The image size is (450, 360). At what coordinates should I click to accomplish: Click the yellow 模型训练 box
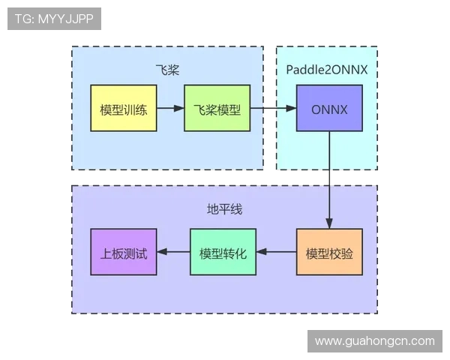click(123, 109)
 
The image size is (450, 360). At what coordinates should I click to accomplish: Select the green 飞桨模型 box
click(217, 109)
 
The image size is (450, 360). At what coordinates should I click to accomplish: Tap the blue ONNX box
click(329, 109)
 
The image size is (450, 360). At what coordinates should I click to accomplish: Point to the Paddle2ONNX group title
click(327, 69)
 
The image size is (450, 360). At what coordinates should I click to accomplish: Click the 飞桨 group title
click(166, 70)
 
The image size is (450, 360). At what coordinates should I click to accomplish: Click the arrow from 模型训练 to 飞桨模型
click(170, 109)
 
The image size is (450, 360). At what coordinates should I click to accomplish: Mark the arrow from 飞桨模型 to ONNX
click(273, 109)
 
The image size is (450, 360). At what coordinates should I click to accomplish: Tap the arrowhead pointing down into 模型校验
click(329, 223)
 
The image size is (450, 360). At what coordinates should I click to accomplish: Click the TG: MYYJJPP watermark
click(54, 19)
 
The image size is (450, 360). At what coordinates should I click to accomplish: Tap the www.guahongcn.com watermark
click(374, 341)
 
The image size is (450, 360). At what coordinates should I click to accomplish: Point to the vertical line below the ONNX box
click(329, 172)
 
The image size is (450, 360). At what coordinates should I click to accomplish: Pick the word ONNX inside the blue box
click(329, 109)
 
